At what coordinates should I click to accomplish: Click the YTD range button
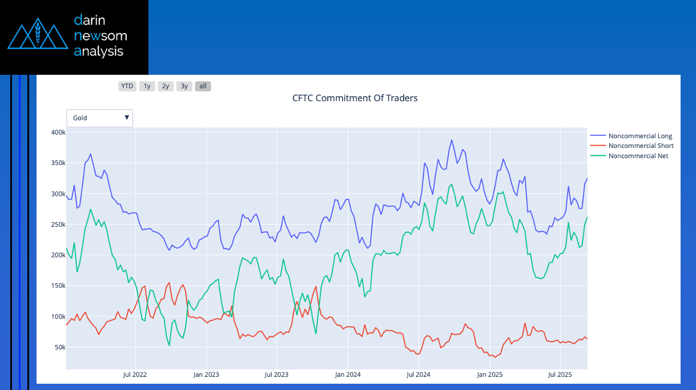click(x=127, y=86)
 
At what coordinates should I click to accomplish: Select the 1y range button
click(x=147, y=86)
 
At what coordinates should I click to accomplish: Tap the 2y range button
click(x=166, y=86)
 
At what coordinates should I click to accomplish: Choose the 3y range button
click(x=184, y=86)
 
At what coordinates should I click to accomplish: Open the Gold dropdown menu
click(x=100, y=118)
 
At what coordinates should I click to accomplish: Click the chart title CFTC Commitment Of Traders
click(x=355, y=98)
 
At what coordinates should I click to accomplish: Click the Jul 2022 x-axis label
click(x=135, y=375)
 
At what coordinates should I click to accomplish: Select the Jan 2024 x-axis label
click(x=347, y=375)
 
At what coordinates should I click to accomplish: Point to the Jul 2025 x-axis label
click(x=560, y=375)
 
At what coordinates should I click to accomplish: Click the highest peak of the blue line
click(x=451, y=140)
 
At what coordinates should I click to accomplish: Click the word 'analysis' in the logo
click(x=98, y=51)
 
